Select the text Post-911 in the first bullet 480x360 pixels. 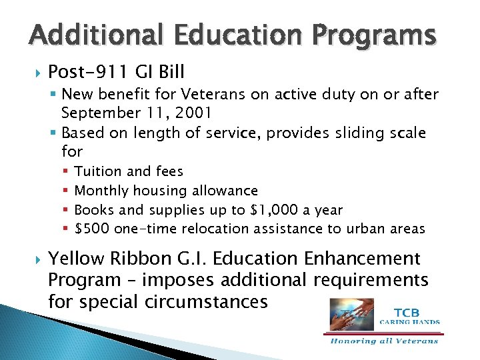pyautogui.click(x=83, y=71)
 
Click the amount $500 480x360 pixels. pyautogui.click(x=93, y=229)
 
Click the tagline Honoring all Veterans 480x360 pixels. pyautogui.click(x=384, y=341)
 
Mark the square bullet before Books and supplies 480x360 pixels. pyautogui.click(x=65, y=210)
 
